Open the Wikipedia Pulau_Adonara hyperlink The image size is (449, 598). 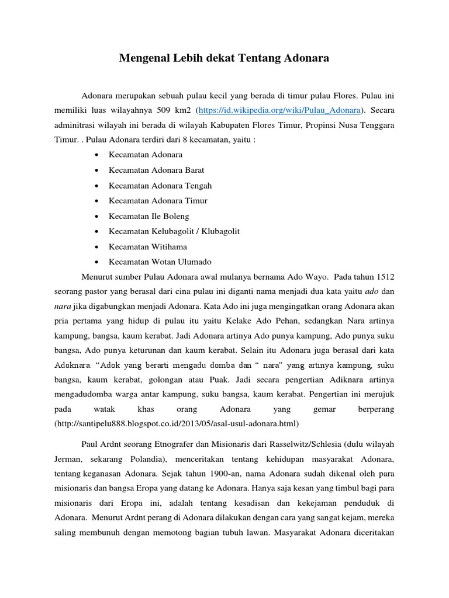(280, 109)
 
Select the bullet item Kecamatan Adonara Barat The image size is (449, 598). (156, 170)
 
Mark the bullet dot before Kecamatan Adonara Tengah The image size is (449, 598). (95, 186)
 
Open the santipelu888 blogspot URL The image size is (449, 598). (176, 423)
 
